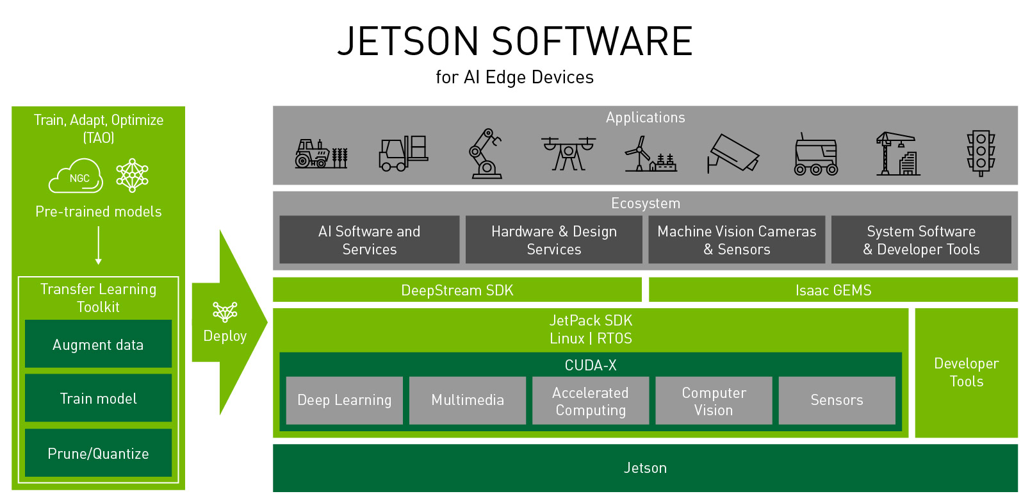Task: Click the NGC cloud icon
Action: click(x=76, y=177)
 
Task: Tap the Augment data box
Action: click(x=98, y=344)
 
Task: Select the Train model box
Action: click(x=98, y=398)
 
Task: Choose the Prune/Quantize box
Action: click(x=98, y=453)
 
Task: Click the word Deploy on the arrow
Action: click(x=225, y=336)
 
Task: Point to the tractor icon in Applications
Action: click(x=321, y=154)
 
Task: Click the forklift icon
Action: click(x=403, y=154)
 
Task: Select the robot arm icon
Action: click(x=485, y=154)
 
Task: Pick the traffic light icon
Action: click(x=981, y=154)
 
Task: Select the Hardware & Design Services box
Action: click(x=553, y=240)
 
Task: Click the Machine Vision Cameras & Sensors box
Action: click(x=737, y=240)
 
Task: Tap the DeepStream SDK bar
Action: click(x=457, y=290)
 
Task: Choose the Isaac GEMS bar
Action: click(x=833, y=290)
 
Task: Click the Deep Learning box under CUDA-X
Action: click(x=344, y=400)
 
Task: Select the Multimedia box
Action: click(x=467, y=400)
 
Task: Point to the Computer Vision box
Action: click(x=714, y=400)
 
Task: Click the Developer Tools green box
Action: click(x=966, y=372)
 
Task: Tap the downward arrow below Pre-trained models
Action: click(x=99, y=246)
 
